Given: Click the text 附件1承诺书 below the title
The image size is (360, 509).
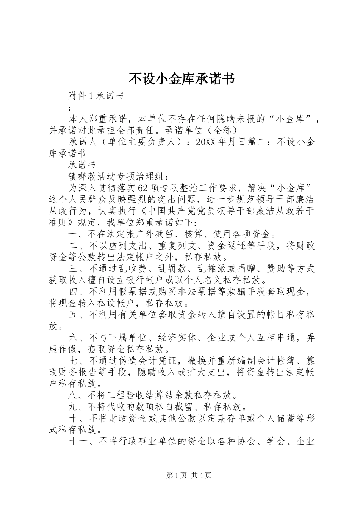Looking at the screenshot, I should pos(96,96).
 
